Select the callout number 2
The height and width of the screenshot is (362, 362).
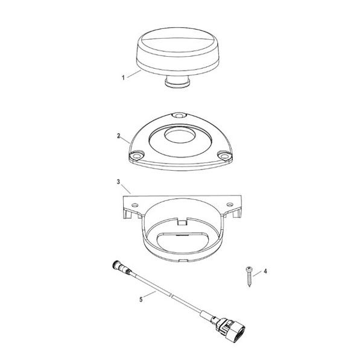(119, 137)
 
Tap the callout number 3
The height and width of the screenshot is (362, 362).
(118, 181)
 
